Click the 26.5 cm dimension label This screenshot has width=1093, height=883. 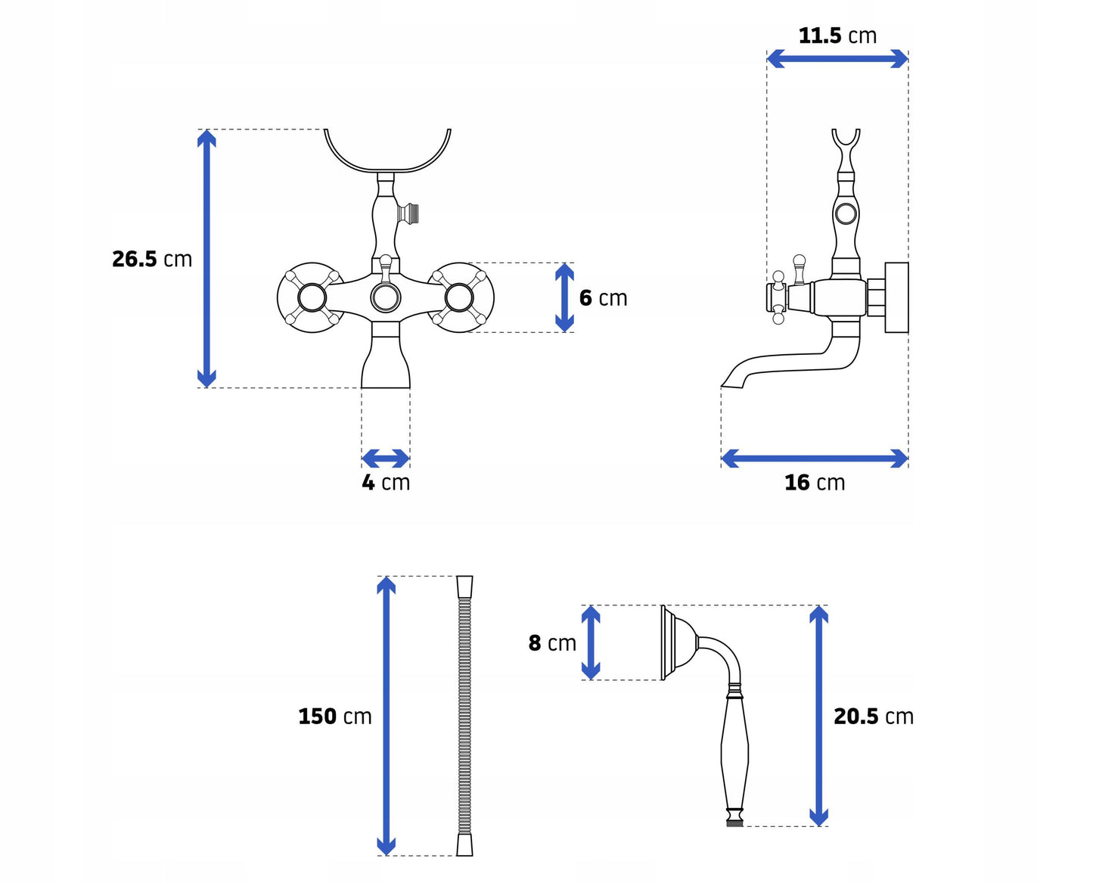(152, 259)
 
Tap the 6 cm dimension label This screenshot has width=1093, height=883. (603, 298)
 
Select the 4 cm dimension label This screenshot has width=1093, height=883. (386, 483)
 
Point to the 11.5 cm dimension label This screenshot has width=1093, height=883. (837, 36)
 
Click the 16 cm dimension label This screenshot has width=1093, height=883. (815, 483)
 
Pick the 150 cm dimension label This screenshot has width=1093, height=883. (334, 717)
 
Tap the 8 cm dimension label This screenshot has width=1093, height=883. (552, 642)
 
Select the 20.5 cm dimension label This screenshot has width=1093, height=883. (874, 717)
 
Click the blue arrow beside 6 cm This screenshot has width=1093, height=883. (564, 298)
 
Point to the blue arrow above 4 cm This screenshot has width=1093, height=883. (385, 459)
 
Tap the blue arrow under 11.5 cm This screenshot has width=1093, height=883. (837, 58)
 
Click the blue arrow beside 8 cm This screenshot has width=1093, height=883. (591, 642)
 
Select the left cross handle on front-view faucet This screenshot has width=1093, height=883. (312, 298)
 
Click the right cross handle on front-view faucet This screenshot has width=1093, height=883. (459, 298)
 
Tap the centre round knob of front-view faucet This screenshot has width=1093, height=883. (386, 298)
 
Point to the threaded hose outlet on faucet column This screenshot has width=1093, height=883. (408, 213)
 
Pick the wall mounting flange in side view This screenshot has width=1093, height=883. (897, 298)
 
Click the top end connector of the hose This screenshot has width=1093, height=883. (464, 587)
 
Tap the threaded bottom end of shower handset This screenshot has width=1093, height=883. (734, 823)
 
